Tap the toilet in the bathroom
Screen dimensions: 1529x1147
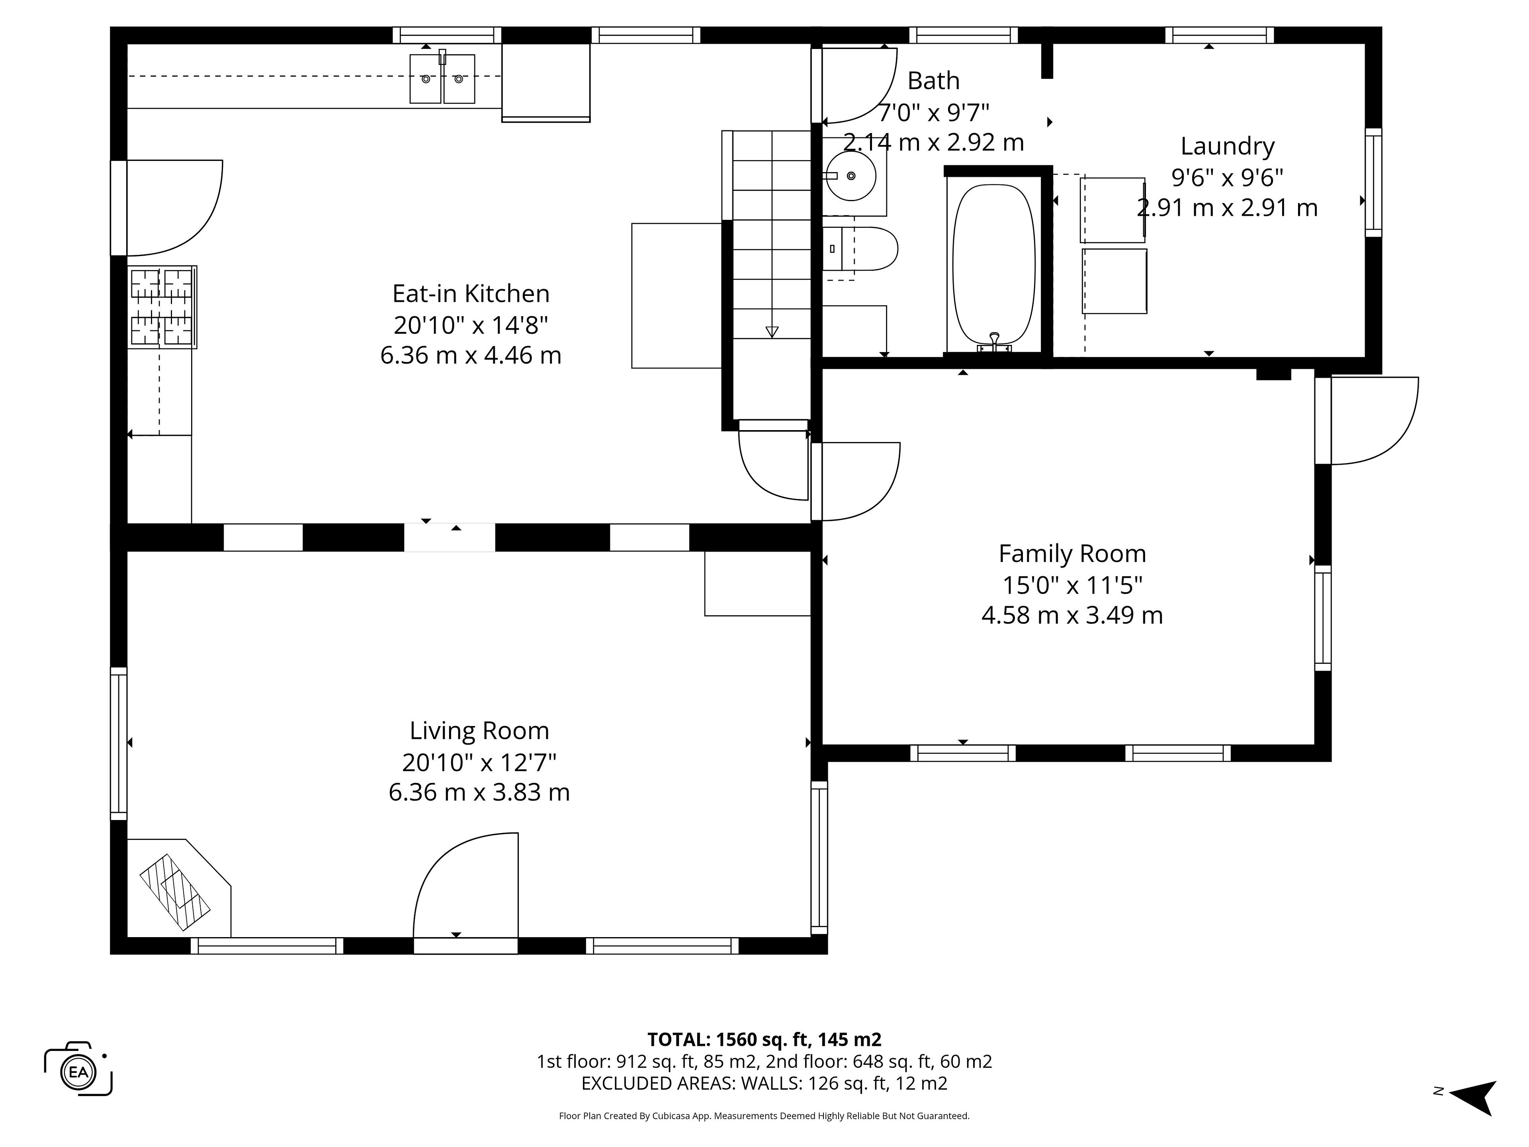click(x=860, y=248)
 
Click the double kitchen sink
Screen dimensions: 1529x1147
click(x=442, y=78)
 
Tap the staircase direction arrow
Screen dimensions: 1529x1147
click(x=772, y=332)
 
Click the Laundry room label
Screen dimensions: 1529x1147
click(x=1227, y=147)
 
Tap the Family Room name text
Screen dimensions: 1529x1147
click(x=1072, y=554)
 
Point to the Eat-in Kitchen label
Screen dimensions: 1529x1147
click(x=471, y=294)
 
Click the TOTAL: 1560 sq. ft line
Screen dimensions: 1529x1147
click(x=764, y=1039)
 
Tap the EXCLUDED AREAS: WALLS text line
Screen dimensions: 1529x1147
click(x=764, y=1083)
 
